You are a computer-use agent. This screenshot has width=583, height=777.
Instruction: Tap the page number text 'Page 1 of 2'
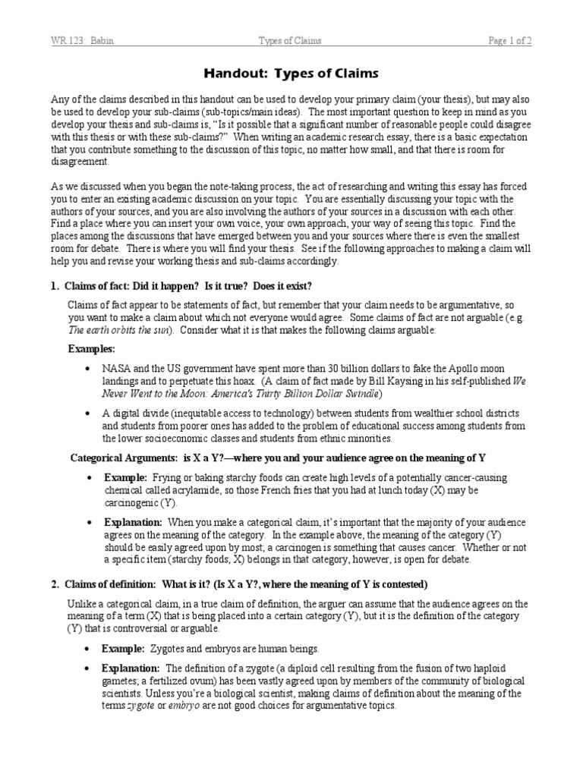pos(509,41)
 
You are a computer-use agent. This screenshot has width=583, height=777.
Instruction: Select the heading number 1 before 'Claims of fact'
pos(54,285)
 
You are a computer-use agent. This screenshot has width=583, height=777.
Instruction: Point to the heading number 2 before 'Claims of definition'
pos(54,584)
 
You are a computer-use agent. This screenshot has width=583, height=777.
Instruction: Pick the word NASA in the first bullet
pos(116,368)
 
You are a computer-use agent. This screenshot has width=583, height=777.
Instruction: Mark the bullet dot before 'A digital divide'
pos(88,413)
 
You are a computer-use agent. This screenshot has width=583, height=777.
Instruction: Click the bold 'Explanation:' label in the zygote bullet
pos(131,668)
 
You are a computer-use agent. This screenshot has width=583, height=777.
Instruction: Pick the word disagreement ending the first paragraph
pos(80,162)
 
